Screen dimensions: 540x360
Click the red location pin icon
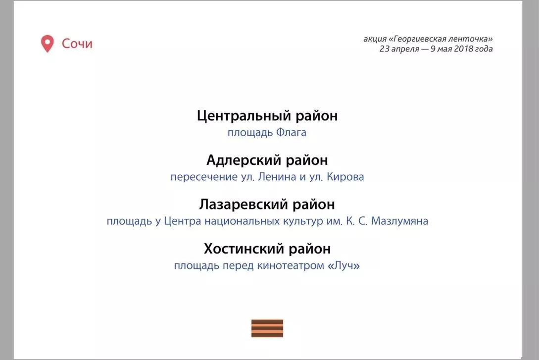(x=47, y=44)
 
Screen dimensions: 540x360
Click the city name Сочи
(x=77, y=44)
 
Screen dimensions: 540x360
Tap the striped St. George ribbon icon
(x=267, y=328)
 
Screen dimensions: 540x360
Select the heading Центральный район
(x=267, y=116)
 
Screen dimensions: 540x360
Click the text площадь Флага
(x=267, y=133)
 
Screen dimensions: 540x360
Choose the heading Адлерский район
(x=267, y=160)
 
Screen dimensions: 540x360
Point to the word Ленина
(x=277, y=177)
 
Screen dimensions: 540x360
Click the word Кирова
(x=345, y=177)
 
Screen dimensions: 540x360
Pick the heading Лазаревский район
(x=267, y=205)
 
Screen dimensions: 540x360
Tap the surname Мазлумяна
(x=399, y=221)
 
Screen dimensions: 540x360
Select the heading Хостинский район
(x=267, y=249)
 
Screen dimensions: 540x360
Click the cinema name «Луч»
(x=344, y=265)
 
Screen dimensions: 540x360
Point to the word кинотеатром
(x=291, y=266)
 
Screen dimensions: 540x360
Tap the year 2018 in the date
(x=464, y=49)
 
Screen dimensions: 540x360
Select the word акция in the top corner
(x=375, y=39)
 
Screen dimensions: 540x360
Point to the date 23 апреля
(x=399, y=49)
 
